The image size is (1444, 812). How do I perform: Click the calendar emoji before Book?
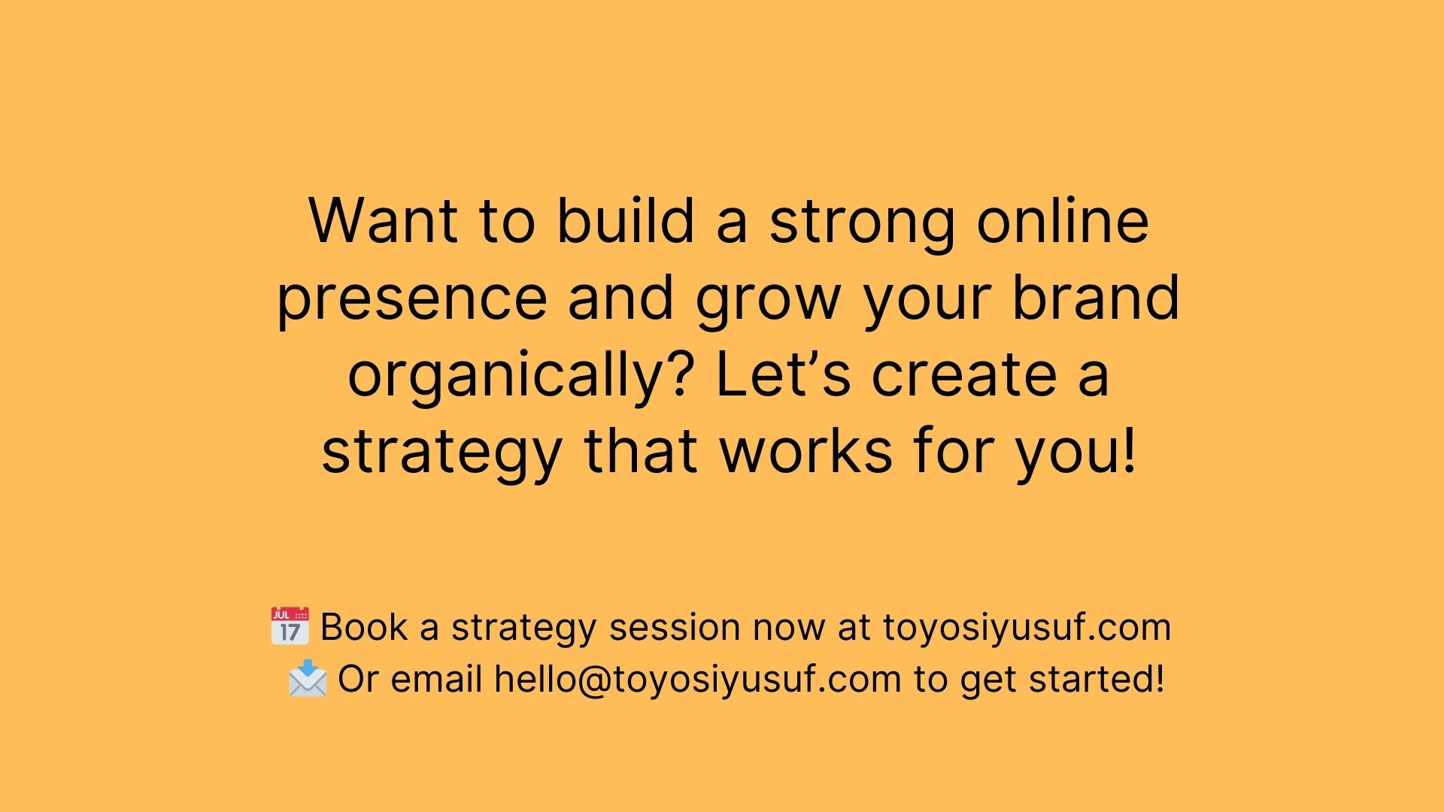coord(290,626)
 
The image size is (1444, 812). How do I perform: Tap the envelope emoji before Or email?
coord(308,678)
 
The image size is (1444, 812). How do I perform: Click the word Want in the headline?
coord(383,221)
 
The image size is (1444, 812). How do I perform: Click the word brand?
coord(1096,296)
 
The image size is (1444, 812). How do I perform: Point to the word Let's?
coord(783,374)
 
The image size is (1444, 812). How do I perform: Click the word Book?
coord(364,627)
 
